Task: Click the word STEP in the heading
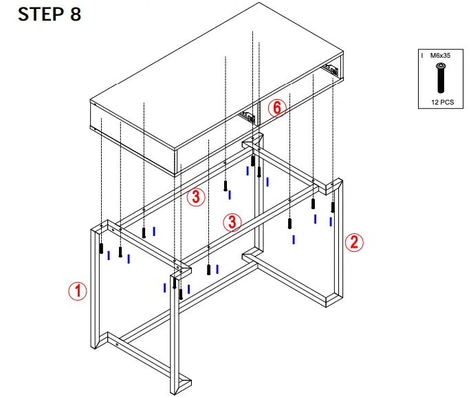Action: (39, 14)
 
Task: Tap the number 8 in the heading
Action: (76, 14)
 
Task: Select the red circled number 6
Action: (276, 108)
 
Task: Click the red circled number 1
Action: (78, 291)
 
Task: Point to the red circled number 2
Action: (353, 242)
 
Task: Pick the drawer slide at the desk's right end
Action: (332, 69)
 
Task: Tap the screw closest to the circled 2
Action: (333, 206)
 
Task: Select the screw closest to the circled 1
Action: (101, 248)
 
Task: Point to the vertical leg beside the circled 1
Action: (95, 289)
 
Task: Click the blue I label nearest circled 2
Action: (331, 221)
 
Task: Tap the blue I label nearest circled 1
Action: (109, 255)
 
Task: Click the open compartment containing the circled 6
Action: (289, 103)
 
